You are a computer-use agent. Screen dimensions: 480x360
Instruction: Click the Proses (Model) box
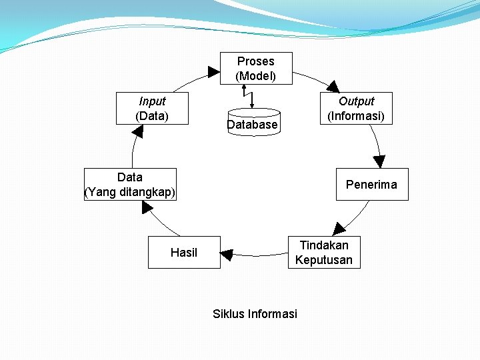pos(256,69)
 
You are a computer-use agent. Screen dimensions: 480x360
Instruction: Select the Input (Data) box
pos(152,109)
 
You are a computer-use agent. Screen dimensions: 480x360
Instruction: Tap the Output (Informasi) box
pos(356,109)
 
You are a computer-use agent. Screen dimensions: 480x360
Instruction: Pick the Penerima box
pos(371,185)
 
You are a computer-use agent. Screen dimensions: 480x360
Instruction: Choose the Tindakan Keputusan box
pos(324,253)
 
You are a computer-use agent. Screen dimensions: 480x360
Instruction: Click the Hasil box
pos(184,253)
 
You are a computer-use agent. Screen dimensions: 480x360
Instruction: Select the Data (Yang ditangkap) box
pos(130,185)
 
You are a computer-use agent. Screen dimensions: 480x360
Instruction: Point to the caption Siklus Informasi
pos(255,314)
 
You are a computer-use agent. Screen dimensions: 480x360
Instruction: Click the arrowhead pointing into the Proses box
pos(213,71)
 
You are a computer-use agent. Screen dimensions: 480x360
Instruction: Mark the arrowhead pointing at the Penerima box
pos(379,161)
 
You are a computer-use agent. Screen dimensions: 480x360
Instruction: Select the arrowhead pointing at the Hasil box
pos(227,255)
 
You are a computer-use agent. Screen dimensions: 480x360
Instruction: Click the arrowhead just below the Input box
pos(138,131)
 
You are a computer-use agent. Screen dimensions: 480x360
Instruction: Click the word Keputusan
pos(324,260)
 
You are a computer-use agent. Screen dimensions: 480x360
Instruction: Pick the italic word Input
pos(152,101)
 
